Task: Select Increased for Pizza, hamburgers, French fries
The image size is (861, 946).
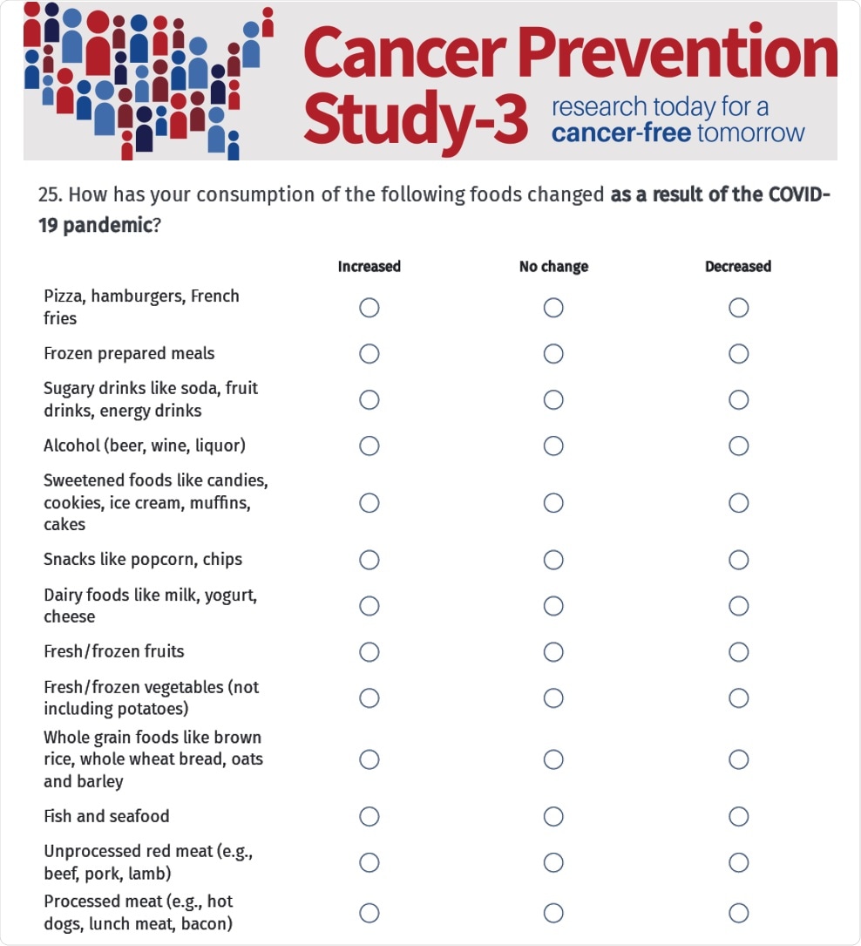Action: [x=369, y=308]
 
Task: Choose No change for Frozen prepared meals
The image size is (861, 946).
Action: [x=553, y=353]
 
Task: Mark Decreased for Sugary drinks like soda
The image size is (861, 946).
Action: [x=739, y=399]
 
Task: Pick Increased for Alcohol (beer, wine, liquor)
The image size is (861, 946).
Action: [x=369, y=446]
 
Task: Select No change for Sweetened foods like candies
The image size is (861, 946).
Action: [x=553, y=503]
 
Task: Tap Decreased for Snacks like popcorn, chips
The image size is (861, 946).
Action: [x=739, y=560]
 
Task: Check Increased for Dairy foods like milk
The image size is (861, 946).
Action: [x=369, y=606]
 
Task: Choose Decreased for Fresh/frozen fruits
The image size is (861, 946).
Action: [x=739, y=652]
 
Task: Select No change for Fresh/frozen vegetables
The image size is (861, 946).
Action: [x=553, y=698]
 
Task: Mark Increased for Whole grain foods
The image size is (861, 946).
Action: [x=369, y=759]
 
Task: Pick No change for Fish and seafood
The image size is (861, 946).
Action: [x=553, y=817]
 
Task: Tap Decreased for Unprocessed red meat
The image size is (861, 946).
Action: [x=739, y=862]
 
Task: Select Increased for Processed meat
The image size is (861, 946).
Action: [x=369, y=913]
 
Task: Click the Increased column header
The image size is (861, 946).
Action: [x=369, y=267]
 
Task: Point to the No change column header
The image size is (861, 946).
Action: [x=553, y=267]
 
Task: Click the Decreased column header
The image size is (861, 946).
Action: [x=738, y=267]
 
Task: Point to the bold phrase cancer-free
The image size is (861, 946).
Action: [x=621, y=133]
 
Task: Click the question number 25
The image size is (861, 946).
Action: [x=48, y=194]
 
